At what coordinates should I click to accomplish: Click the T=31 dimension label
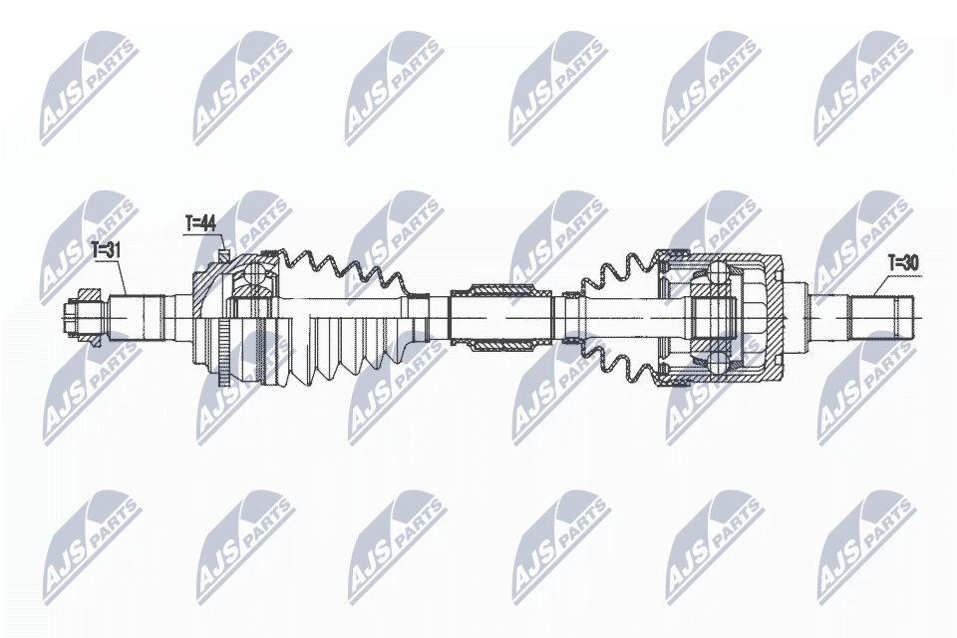[107, 251]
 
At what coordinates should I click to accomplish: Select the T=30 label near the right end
[903, 263]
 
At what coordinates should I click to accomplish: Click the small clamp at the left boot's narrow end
[420, 299]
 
